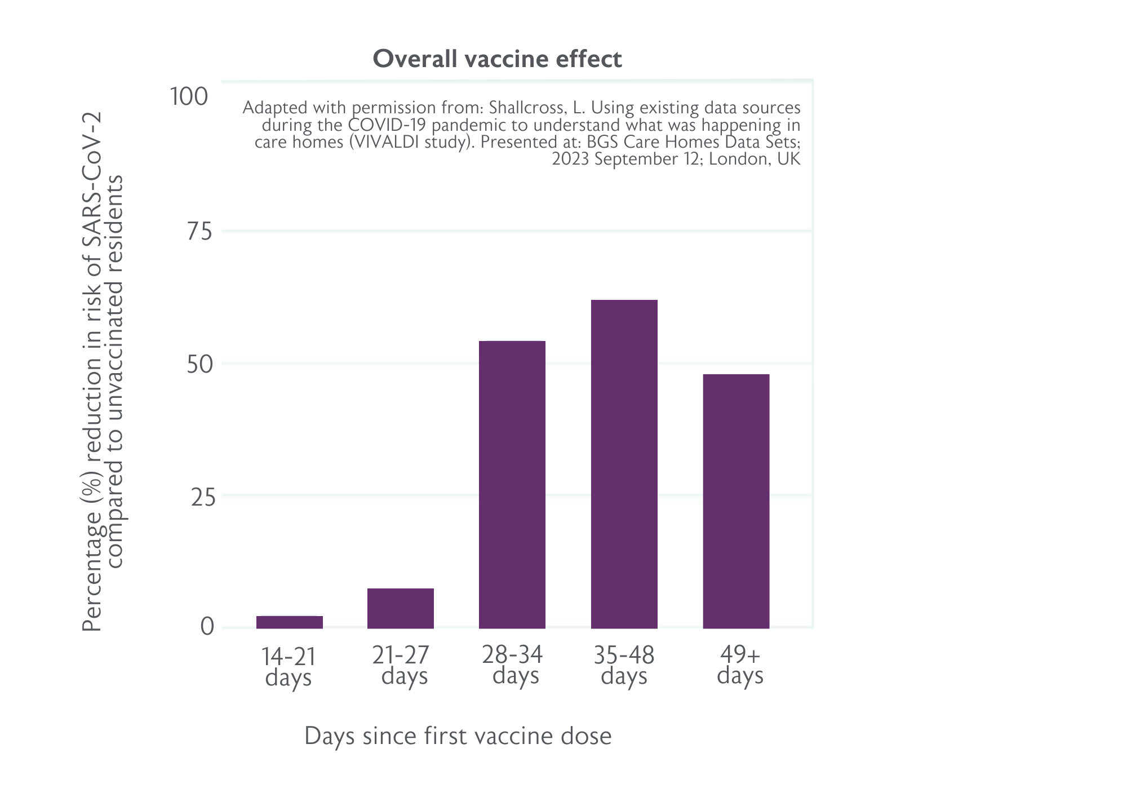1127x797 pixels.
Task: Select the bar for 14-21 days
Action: pos(290,622)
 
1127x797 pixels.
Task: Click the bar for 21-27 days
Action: pos(401,608)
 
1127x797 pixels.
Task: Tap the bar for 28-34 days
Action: pos(512,485)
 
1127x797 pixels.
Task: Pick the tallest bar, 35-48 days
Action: pos(624,464)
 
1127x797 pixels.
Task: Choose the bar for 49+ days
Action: pos(736,501)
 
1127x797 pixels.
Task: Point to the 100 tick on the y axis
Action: pos(189,97)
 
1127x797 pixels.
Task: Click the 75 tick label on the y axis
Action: pos(199,232)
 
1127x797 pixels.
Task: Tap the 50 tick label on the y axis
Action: pos(200,365)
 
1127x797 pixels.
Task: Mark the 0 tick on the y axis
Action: pos(207,627)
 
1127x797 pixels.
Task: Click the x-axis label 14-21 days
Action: pos(289,667)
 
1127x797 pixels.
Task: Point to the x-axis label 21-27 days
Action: pos(401,666)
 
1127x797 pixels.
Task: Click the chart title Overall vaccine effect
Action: pos(498,59)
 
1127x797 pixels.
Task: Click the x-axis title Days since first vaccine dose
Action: pos(458,736)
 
